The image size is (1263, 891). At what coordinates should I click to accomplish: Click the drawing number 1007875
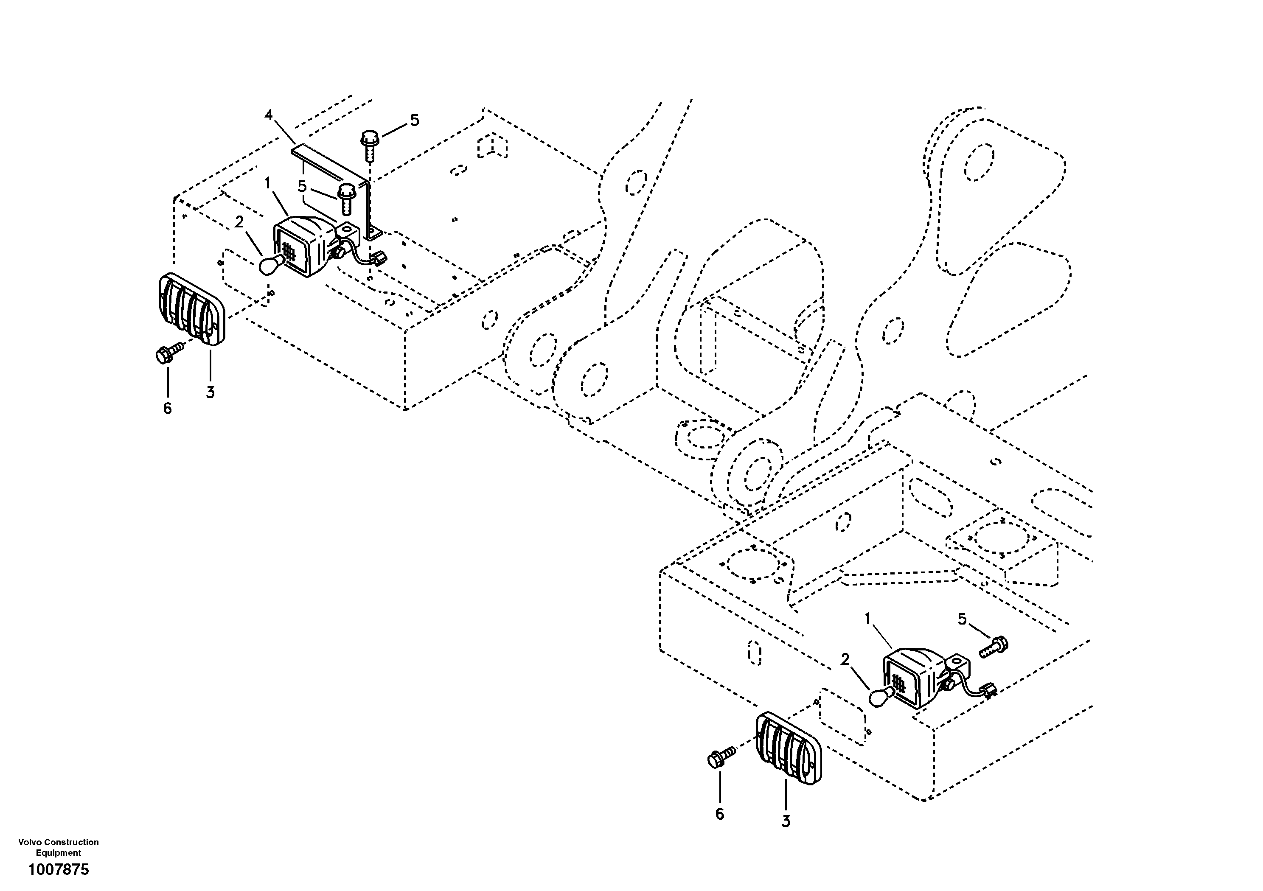(58, 869)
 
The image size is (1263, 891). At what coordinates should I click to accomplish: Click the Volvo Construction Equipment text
(58, 847)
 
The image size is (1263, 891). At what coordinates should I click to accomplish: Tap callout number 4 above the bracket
(269, 115)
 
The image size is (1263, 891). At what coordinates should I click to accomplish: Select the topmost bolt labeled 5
(370, 141)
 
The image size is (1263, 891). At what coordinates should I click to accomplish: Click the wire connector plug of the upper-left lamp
(379, 258)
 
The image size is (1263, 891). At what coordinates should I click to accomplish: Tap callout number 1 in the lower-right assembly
(867, 619)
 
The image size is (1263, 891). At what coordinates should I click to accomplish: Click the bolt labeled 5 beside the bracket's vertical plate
(345, 199)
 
